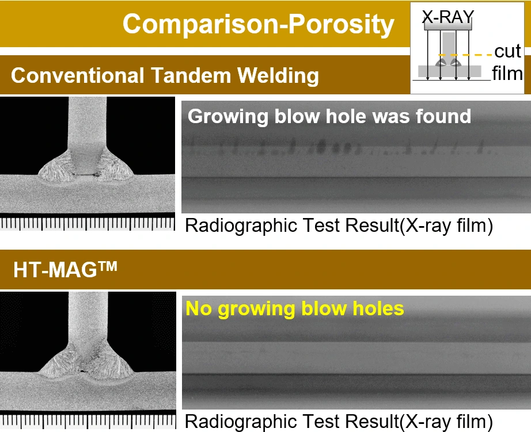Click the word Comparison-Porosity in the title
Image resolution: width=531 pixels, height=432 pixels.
click(259, 24)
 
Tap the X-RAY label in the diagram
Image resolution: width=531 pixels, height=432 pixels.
click(447, 17)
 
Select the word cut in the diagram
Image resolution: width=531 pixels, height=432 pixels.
click(507, 51)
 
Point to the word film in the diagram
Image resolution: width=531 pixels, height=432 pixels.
click(507, 74)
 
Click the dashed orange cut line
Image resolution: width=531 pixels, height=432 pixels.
click(465, 55)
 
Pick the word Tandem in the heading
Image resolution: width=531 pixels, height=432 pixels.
click(191, 75)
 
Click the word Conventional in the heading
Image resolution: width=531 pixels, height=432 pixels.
click(77, 75)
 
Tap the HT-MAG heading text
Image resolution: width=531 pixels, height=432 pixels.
click(65, 270)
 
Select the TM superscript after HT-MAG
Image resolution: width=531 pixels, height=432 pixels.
click(108, 266)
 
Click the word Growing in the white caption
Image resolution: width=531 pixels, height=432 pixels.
click(228, 117)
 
